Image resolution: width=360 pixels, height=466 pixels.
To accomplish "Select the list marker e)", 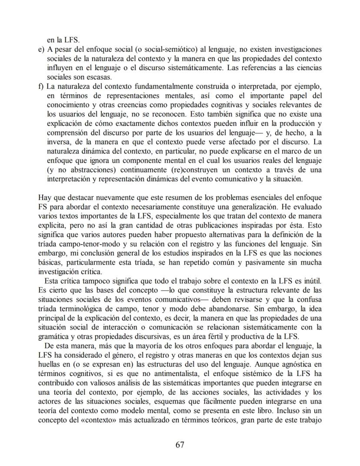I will pyautogui.click(x=41, y=49).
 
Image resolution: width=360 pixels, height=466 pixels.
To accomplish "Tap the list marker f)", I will pyautogui.click(x=41, y=86).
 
